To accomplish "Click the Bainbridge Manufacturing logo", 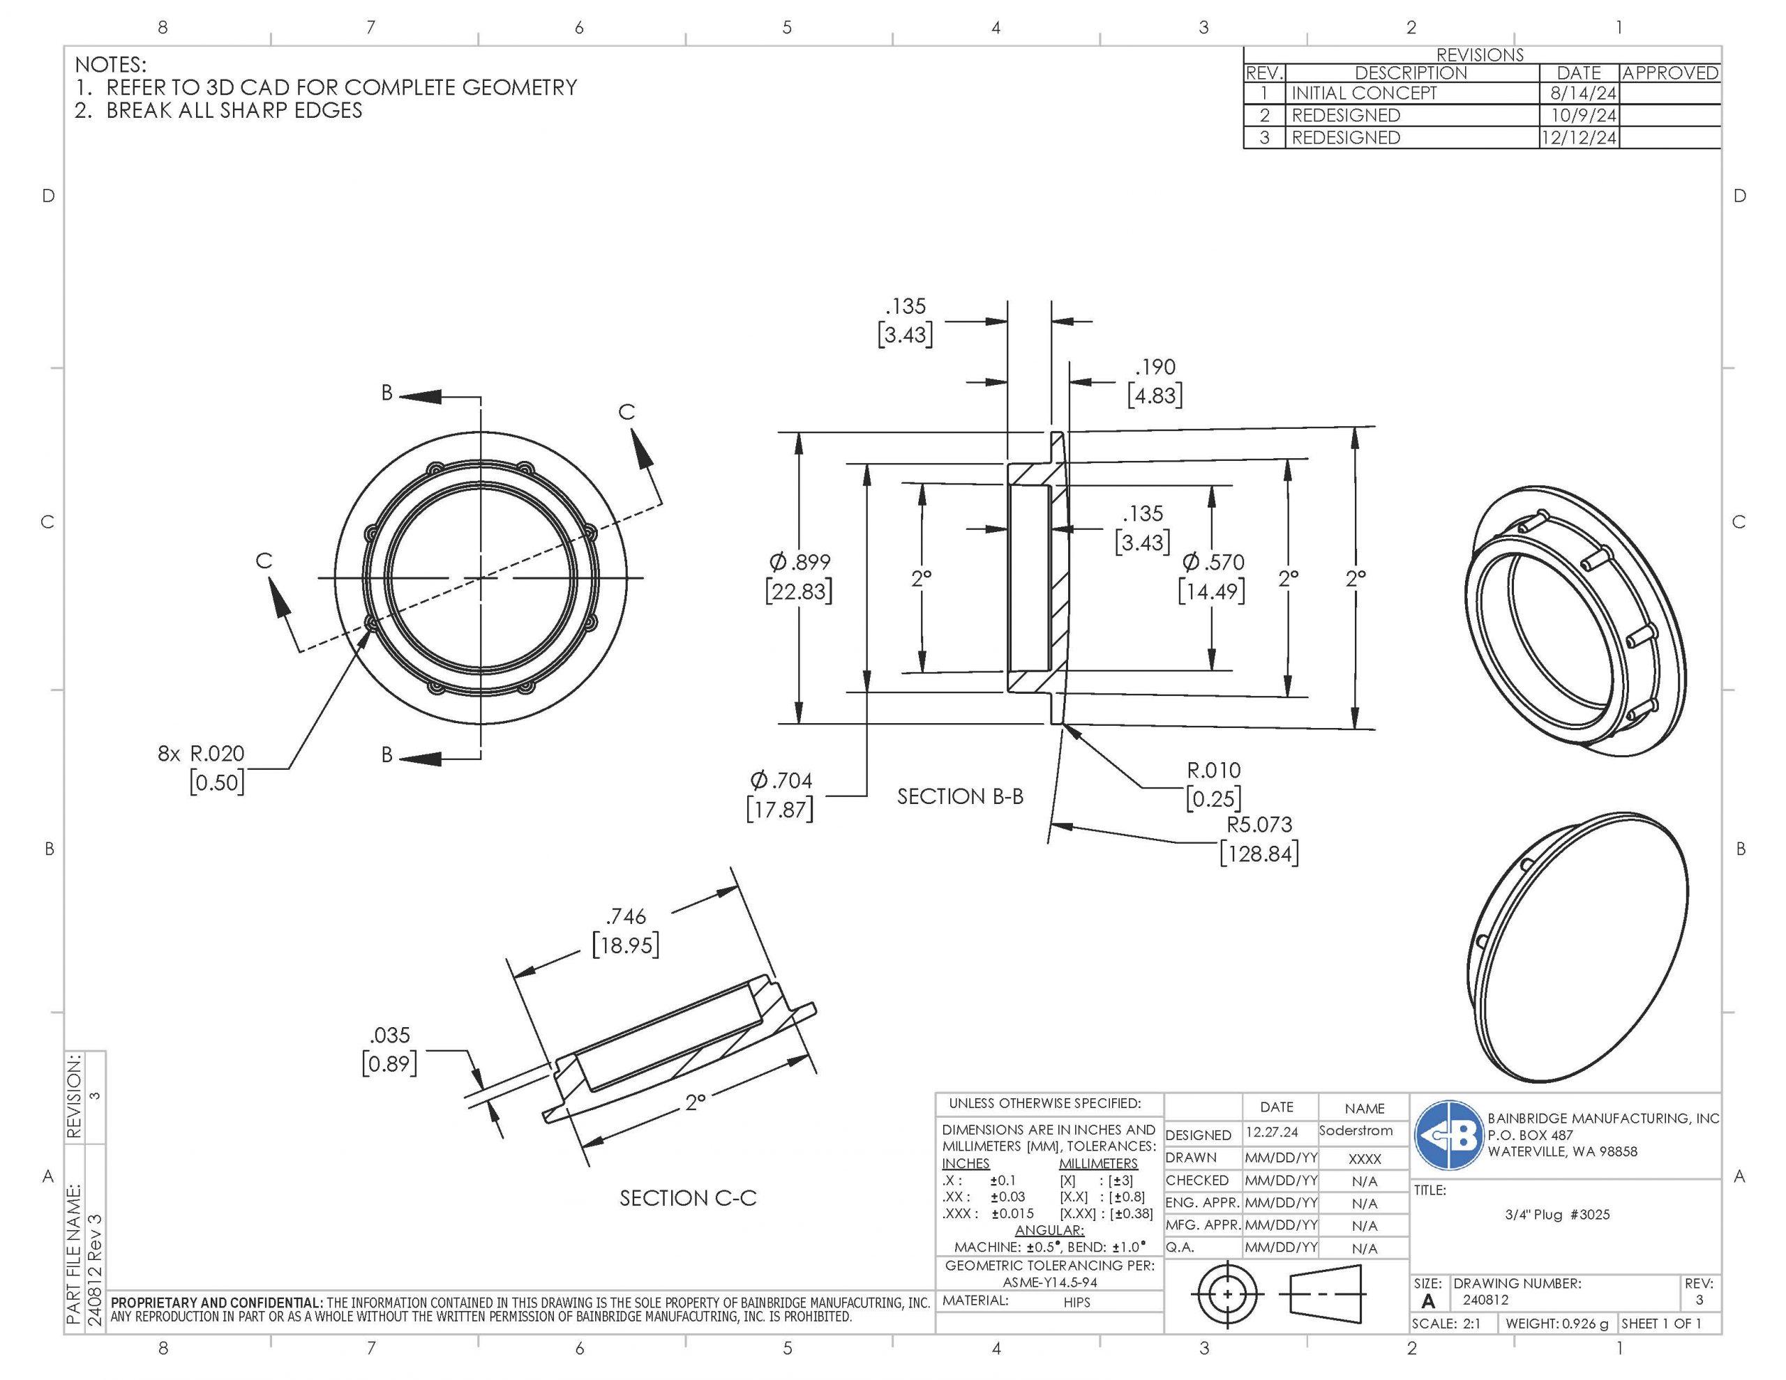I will tap(1448, 1135).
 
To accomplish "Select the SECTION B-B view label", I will tap(959, 796).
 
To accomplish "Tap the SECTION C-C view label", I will tap(688, 1198).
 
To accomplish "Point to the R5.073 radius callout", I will tap(1259, 824).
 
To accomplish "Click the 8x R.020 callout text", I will tap(201, 754).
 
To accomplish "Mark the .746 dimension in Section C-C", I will tap(626, 916).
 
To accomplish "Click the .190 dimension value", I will tap(1155, 367).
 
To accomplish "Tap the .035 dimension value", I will tap(390, 1035).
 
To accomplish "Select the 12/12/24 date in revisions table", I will tap(1578, 137).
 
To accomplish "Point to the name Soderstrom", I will tap(1355, 1130).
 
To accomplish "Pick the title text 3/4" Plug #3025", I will tap(1557, 1214).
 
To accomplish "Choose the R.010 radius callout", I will tap(1213, 770).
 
